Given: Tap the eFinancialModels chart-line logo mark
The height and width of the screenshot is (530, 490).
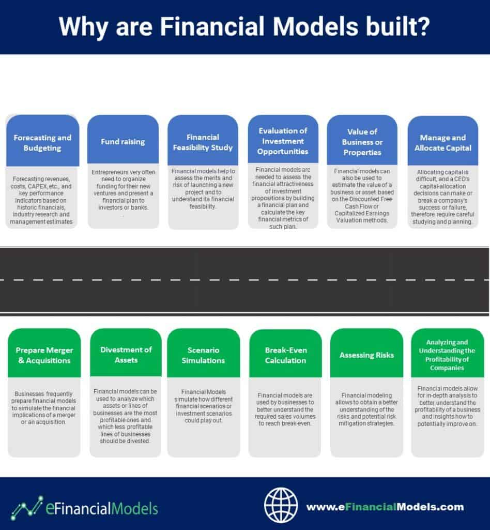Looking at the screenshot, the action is point(27,508).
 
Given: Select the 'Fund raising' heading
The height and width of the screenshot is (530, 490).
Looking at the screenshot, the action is point(123,142).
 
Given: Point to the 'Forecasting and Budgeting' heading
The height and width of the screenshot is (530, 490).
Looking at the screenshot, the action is point(42,143).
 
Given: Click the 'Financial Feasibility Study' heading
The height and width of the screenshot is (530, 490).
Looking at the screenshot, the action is point(203,142).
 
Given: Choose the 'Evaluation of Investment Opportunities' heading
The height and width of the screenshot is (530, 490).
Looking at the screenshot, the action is point(283,141).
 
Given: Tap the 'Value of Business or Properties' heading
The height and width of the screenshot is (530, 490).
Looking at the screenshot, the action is point(362,142).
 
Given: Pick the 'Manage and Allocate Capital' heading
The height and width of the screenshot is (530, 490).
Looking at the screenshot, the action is point(443,143).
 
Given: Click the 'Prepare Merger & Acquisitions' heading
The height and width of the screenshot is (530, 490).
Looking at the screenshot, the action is point(44,355).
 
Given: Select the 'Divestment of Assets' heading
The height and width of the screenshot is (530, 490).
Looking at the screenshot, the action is point(126,355).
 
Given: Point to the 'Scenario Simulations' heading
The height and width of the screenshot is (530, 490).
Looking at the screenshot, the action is point(203,355).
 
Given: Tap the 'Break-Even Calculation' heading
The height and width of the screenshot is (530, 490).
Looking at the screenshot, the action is point(286,355).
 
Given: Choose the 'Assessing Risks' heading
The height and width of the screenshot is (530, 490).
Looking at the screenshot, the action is point(367,355).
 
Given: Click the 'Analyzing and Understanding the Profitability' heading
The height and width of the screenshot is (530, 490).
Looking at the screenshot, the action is point(447,355).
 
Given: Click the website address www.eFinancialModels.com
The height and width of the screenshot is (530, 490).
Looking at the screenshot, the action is point(385,507).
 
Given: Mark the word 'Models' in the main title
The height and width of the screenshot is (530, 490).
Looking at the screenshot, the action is point(315,26).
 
